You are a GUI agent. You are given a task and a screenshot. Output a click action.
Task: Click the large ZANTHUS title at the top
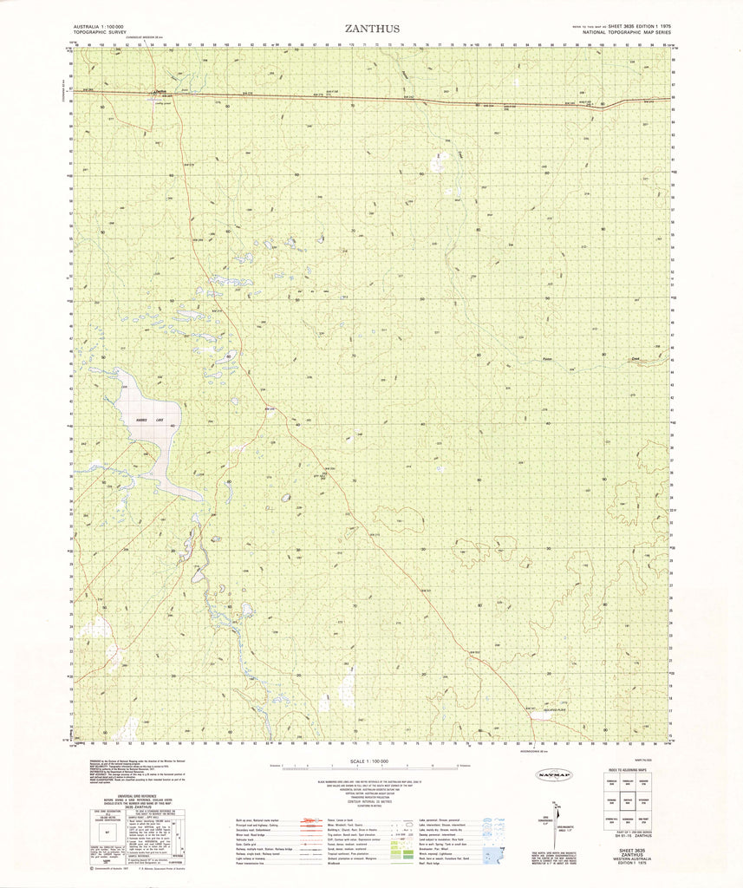tap(372, 29)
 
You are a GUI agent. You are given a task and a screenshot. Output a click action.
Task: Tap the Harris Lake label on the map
tap(143, 420)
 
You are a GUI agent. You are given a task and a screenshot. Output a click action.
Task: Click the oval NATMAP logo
tap(555, 774)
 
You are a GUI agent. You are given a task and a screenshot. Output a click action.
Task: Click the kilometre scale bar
tap(370, 768)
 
